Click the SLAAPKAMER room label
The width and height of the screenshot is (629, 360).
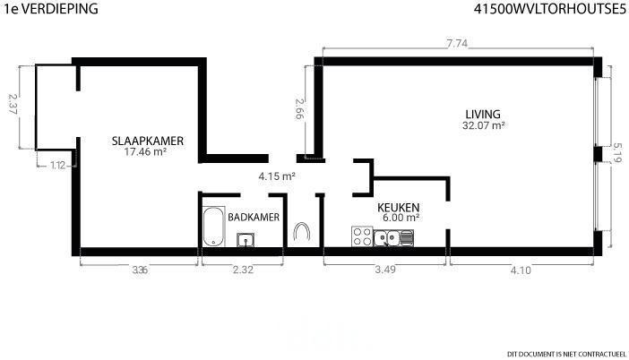click(148, 141)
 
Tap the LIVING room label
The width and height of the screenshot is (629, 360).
click(483, 115)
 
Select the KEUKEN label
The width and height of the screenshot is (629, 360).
click(399, 208)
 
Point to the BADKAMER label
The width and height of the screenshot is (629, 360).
click(254, 218)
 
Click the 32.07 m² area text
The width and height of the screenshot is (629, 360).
click(483, 125)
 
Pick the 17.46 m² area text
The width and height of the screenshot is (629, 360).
click(145, 152)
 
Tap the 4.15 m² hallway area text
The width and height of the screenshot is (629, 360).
click(277, 176)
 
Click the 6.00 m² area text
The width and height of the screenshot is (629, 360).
click(401, 218)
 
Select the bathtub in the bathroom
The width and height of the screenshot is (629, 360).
click(213, 226)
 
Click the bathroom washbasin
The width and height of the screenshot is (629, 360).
click(246, 240)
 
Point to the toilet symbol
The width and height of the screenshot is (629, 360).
click(302, 231)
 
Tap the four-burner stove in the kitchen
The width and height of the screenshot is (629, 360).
click(362, 236)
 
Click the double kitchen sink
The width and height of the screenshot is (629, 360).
click(393, 238)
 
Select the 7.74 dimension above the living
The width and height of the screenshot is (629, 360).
click(457, 43)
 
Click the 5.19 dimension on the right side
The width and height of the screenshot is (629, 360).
click(617, 153)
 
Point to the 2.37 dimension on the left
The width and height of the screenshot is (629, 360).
click(13, 104)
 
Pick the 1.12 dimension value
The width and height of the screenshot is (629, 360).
click(57, 165)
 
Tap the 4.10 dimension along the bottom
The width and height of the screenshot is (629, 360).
click(521, 270)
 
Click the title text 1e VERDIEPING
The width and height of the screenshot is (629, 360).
click(51, 8)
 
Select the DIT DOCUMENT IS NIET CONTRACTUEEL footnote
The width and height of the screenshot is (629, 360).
click(566, 354)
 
